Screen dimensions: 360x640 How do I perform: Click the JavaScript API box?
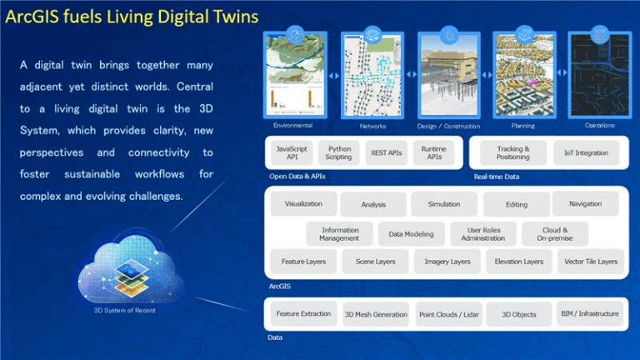pos(292,152)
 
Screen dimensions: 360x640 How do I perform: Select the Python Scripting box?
pos(338,152)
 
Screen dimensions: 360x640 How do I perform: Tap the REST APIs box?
pos(387,152)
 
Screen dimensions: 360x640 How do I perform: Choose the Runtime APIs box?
pos(434,152)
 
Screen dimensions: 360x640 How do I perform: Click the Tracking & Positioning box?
pos(512,152)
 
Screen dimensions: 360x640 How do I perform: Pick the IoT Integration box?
pos(586,152)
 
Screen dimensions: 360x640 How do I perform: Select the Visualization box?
pos(303,204)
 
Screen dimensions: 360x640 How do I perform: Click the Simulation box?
pos(444,204)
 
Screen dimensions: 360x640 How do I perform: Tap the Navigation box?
pos(585,204)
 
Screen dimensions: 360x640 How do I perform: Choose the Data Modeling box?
pos(411,234)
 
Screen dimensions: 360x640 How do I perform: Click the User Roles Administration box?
pos(482,234)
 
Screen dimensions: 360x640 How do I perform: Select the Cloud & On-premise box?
pos(555,234)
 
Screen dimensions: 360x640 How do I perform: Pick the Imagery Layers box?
pos(447,262)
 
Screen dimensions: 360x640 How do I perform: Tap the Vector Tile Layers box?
pos(591,262)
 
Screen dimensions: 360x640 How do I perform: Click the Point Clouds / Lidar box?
pos(447,314)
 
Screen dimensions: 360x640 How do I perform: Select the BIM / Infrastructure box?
pos(590,314)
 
